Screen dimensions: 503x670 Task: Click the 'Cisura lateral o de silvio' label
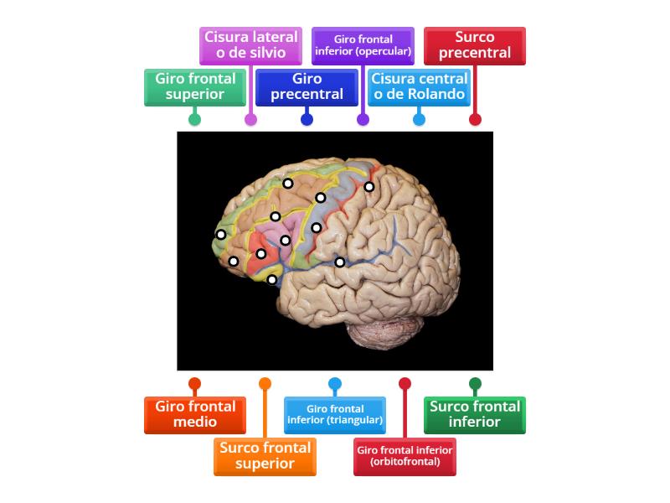[250, 45]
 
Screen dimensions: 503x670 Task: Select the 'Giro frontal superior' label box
[194, 86]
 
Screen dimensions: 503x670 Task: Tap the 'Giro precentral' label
[307, 86]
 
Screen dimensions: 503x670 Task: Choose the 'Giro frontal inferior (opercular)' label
[363, 45]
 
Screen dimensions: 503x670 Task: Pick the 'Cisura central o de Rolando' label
[419, 86]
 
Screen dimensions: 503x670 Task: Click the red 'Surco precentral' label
[475, 45]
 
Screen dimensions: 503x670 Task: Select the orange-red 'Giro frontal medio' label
[194, 415]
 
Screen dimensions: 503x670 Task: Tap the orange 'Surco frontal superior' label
[265, 456]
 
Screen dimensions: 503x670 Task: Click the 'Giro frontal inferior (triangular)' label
[335, 415]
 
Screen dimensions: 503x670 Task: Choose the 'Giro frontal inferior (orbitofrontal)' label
[405, 456]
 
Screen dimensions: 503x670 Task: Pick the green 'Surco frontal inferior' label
[475, 415]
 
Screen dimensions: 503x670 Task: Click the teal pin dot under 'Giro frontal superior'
[194, 119]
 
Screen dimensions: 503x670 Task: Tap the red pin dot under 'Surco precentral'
[475, 119]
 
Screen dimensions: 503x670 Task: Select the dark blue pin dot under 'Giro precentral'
[307, 119]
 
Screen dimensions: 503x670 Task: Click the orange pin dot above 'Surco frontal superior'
[265, 384]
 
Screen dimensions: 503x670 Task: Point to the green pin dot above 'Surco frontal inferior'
[475, 384]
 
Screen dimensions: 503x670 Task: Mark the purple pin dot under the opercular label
[363, 119]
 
